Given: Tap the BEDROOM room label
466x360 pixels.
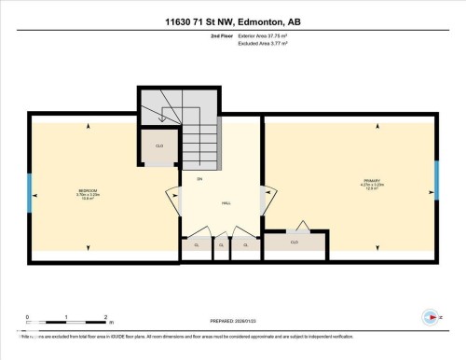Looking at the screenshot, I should click(89, 190).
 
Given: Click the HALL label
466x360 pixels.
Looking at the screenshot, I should click(226, 201).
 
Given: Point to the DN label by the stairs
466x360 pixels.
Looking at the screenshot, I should click(199, 178).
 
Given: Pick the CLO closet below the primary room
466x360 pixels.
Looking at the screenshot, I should click(295, 242).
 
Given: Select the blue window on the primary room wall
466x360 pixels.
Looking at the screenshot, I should click(435, 179).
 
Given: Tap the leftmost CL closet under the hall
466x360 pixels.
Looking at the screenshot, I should click(197, 245).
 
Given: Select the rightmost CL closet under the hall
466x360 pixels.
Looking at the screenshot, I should click(246, 245).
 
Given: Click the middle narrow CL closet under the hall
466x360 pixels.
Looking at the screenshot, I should click(221, 246).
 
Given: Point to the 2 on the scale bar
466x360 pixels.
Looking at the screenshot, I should click(107, 316).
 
